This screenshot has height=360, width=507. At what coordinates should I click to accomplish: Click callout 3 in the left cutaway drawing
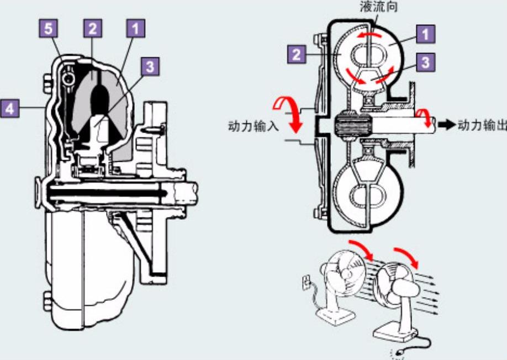pos(150,67)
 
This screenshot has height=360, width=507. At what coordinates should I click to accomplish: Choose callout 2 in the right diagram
pos(297,54)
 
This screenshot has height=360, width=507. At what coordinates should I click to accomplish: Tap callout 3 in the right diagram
pos(425,62)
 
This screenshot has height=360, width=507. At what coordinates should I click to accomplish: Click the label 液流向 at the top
pos(377,8)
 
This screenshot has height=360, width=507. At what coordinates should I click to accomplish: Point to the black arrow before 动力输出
pos(445,124)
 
